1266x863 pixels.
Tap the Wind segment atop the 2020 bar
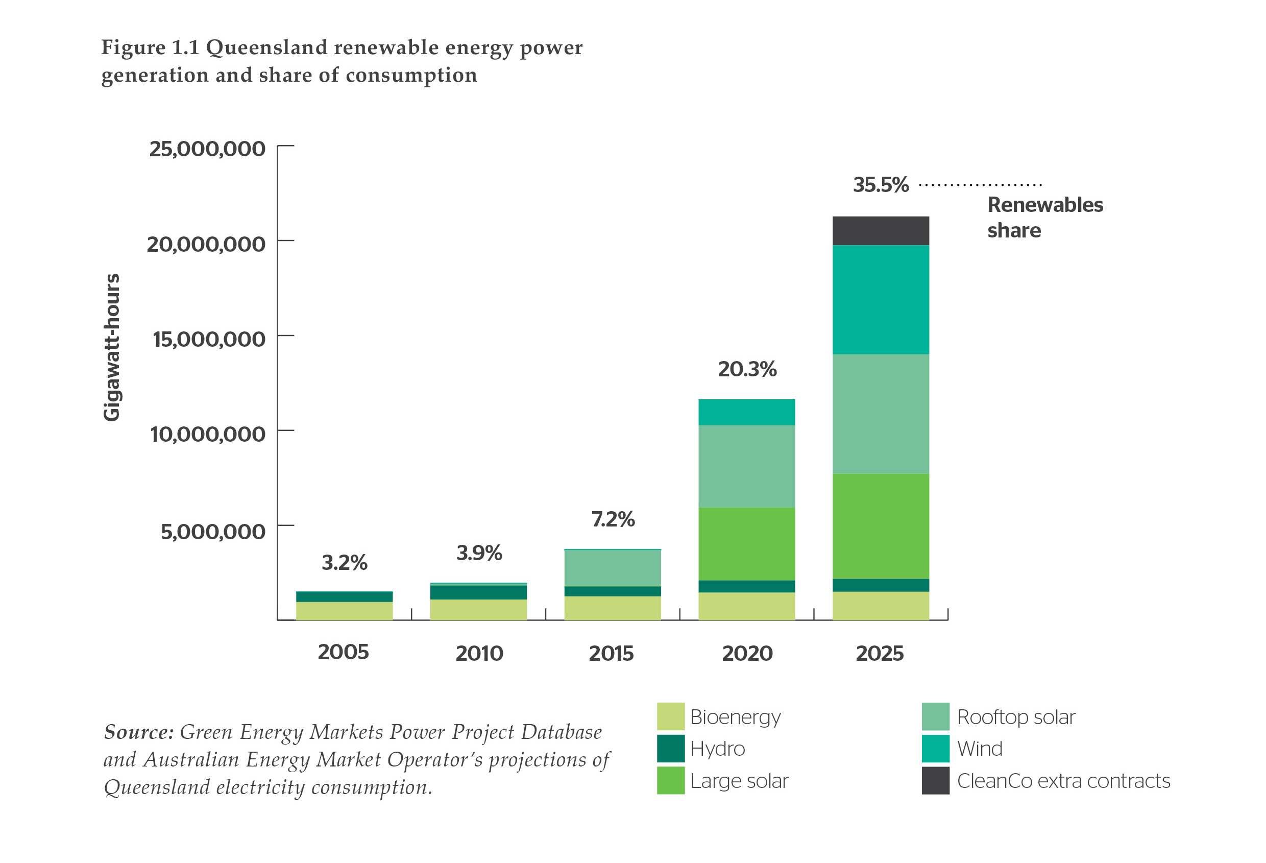pyautogui.click(x=746, y=412)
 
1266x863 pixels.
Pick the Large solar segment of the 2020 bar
pyautogui.click(x=746, y=544)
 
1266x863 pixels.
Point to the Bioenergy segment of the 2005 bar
pyautogui.click(x=344, y=611)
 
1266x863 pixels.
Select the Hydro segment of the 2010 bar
pyautogui.click(x=478, y=592)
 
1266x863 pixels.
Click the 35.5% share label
pyautogui.click(x=880, y=185)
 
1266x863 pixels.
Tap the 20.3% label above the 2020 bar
pyautogui.click(x=747, y=369)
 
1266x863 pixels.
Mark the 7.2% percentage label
pyautogui.click(x=613, y=519)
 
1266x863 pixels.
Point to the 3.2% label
pyautogui.click(x=344, y=562)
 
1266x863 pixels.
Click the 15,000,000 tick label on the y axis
pyautogui.click(x=209, y=340)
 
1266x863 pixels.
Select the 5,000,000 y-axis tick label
pyautogui.click(x=212, y=531)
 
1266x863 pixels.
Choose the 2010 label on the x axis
pyautogui.click(x=479, y=653)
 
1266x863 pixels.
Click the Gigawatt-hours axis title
pyautogui.click(x=111, y=347)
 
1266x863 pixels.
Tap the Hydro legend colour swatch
pyautogui.click(x=670, y=748)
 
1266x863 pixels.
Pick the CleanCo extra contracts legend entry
pyautogui.click(x=1063, y=781)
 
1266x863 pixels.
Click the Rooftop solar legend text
pyautogui.click(x=1015, y=717)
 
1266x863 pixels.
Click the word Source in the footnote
pyautogui.click(x=138, y=732)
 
